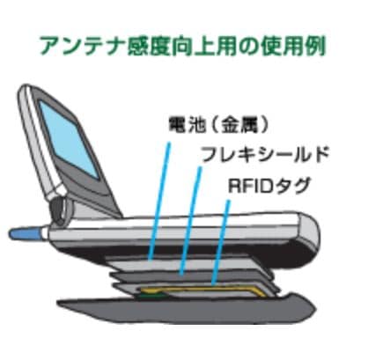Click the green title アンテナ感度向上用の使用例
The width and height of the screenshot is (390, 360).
pyautogui.click(x=182, y=47)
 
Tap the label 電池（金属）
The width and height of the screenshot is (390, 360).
pyautogui.click(x=218, y=125)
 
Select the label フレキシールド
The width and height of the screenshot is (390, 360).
pyautogui.click(x=265, y=154)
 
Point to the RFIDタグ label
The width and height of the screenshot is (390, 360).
pyautogui.click(x=269, y=185)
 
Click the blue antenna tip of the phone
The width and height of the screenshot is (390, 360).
pyautogui.click(x=25, y=233)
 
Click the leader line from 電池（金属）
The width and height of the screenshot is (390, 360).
pyautogui.click(x=159, y=202)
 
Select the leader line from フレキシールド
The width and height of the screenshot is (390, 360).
pyautogui.click(x=191, y=221)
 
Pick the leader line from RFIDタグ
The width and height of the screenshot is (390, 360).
pyautogui.click(x=221, y=242)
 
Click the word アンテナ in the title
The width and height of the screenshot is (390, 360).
pyautogui.click(x=83, y=47)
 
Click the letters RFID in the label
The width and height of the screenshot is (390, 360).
pyautogui.click(x=251, y=185)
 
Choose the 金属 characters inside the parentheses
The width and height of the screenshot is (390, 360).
pyautogui.click(x=239, y=125)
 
